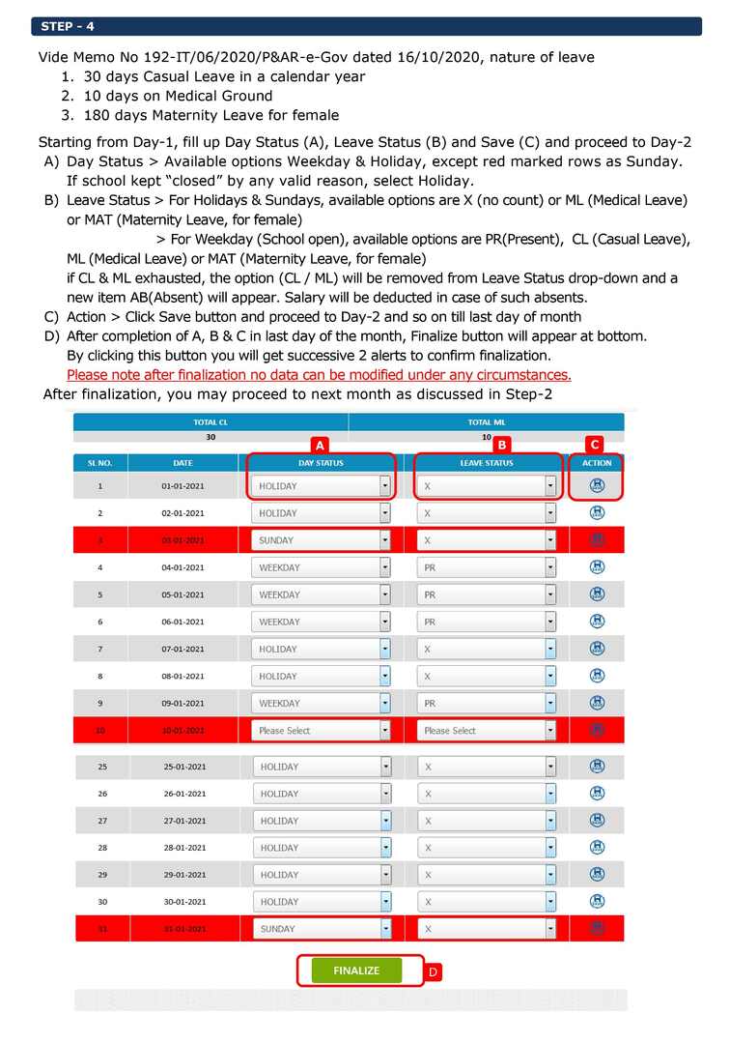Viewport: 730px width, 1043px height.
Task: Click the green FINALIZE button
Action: (x=356, y=971)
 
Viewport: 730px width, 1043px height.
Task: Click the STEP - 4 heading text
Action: (x=69, y=26)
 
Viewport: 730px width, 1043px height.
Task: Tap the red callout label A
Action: (x=320, y=445)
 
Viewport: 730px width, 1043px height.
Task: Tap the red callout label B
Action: (x=501, y=445)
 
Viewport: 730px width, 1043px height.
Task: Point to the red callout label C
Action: (x=595, y=445)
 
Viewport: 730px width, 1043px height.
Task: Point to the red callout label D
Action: (x=434, y=972)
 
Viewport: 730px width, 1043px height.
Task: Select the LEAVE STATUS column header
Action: (x=487, y=463)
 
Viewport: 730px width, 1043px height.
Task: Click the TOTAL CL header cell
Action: (x=211, y=422)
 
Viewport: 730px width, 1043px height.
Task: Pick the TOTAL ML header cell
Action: (x=487, y=422)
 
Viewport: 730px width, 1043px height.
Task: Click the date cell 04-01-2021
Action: (x=182, y=567)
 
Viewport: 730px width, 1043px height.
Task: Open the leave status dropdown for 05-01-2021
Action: (x=487, y=594)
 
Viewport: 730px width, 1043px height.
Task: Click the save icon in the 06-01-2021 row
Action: (x=597, y=622)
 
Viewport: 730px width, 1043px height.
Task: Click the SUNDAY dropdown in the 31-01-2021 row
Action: (x=322, y=929)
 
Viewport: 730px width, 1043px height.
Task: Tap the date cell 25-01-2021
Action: (x=184, y=767)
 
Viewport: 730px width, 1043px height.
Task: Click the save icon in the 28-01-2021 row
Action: (x=597, y=848)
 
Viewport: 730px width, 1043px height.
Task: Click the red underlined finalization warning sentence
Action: (x=319, y=375)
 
